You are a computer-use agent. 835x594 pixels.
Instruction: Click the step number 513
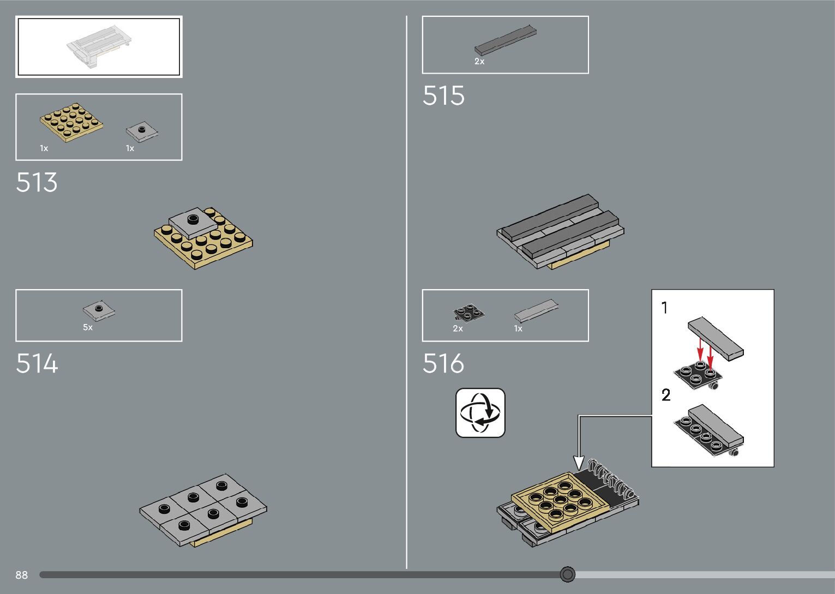pyautogui.click(x=37, y=183)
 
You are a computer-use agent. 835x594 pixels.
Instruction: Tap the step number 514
pyautogui.click(x=37, y=363)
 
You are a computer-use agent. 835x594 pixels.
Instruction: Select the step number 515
pyautogui.click(x=443, y=96)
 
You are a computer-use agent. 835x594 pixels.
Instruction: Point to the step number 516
pyautogui.click(x=443, y=363)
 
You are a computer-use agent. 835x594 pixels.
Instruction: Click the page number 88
pyautogui.click(x=21, y=575)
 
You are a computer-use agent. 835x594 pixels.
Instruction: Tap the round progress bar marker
pyautogui.click(x=568, y=574)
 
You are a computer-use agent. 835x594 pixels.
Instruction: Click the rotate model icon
pyautogui.click(x=480, y=413)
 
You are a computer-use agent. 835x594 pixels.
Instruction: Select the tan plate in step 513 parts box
pyautogui.click(x=71, y=123)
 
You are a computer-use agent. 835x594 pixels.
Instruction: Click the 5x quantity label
pyautogui.click(x=88, y=327)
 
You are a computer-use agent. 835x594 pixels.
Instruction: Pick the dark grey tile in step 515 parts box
pyautogui.click(x=505, y=40)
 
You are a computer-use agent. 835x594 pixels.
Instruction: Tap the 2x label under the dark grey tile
pyautogui.click(x=479, y=62)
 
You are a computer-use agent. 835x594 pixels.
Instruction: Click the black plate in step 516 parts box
pyautogui.click(x=468, y=313)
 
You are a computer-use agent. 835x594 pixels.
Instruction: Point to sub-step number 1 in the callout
pyautogui.click(x=664, y=308)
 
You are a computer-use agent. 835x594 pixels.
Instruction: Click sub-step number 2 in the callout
pyautogui.click(x=666, y=395)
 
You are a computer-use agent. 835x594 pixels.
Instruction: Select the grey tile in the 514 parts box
pyautogui.click(x=99, y=310)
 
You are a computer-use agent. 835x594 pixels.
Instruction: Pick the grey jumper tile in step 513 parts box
pyautogui.click(x=142, y=131)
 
